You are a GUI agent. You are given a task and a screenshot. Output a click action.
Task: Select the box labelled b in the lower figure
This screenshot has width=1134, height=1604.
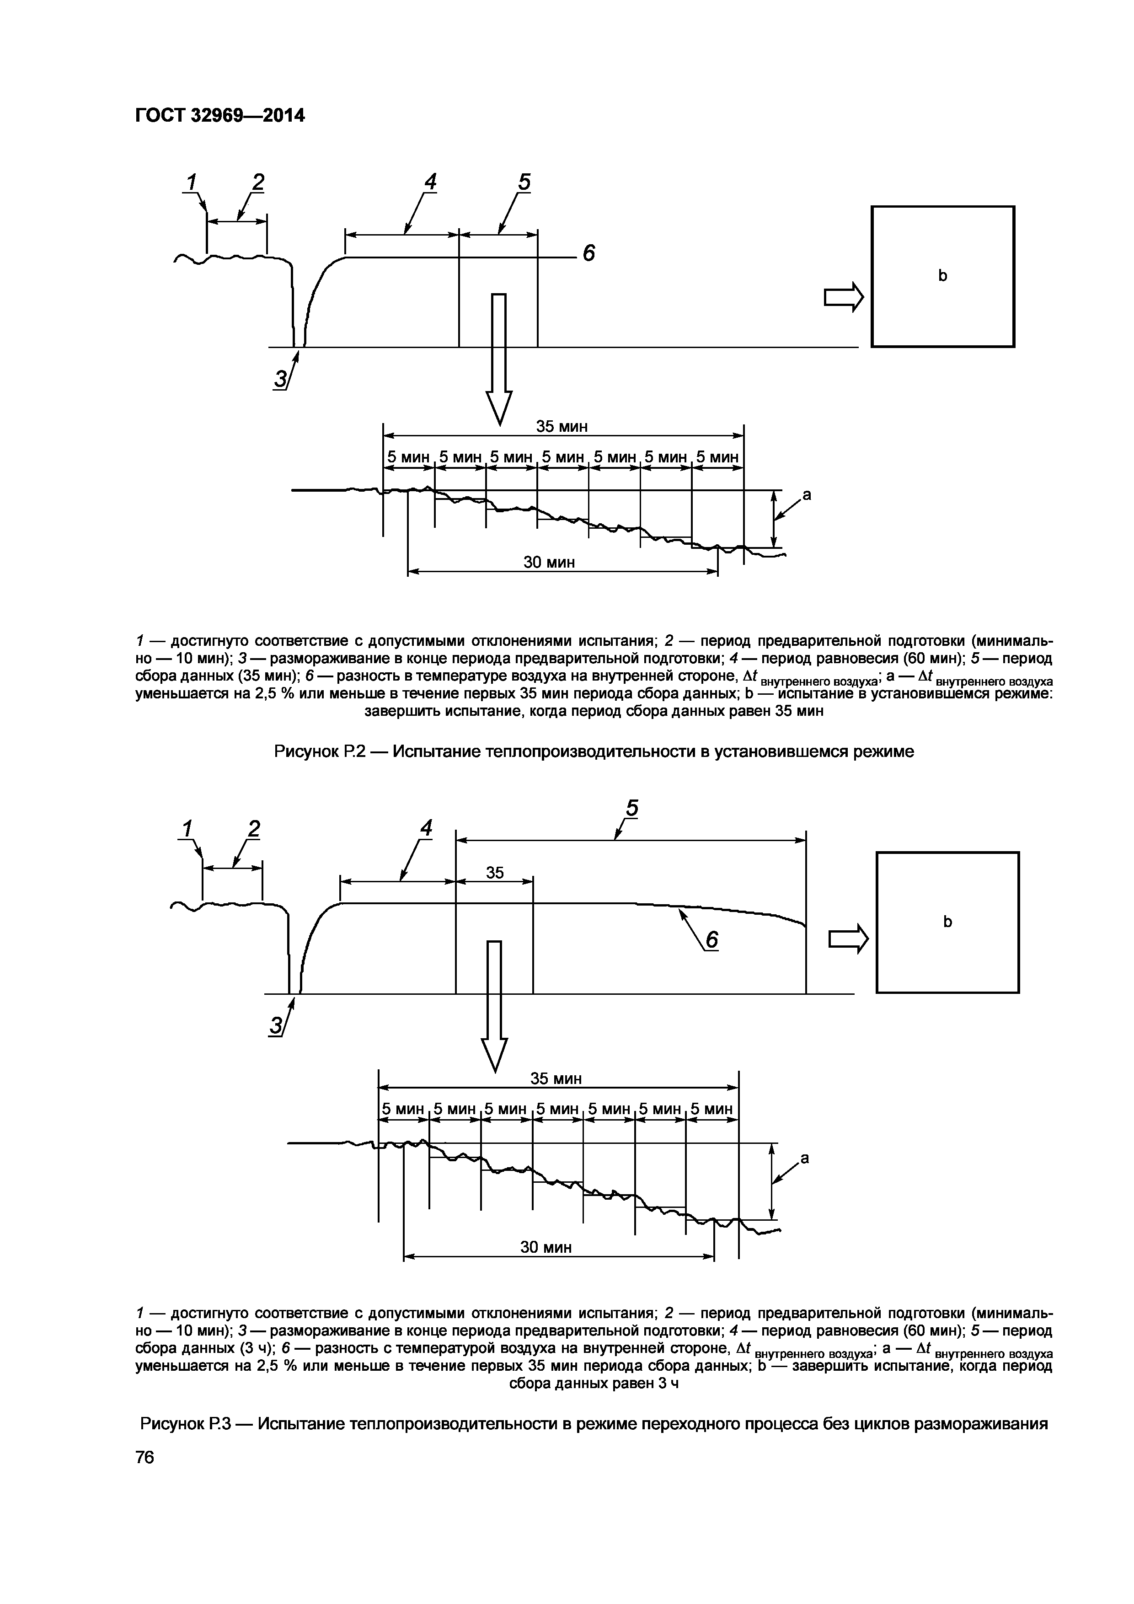tap(947, 922)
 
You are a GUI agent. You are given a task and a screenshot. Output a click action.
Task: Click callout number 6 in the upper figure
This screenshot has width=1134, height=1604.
tap(588, 253)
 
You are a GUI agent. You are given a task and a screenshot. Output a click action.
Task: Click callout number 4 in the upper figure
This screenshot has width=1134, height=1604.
tap(430, 182)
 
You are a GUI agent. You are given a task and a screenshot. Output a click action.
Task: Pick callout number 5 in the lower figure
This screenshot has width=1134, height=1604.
tap(631, 808)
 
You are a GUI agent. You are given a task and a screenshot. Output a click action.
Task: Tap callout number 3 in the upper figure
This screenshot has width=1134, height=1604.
tap(280, 379)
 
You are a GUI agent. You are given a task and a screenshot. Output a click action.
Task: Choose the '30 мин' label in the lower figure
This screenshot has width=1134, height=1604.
tap(546, 1247)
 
